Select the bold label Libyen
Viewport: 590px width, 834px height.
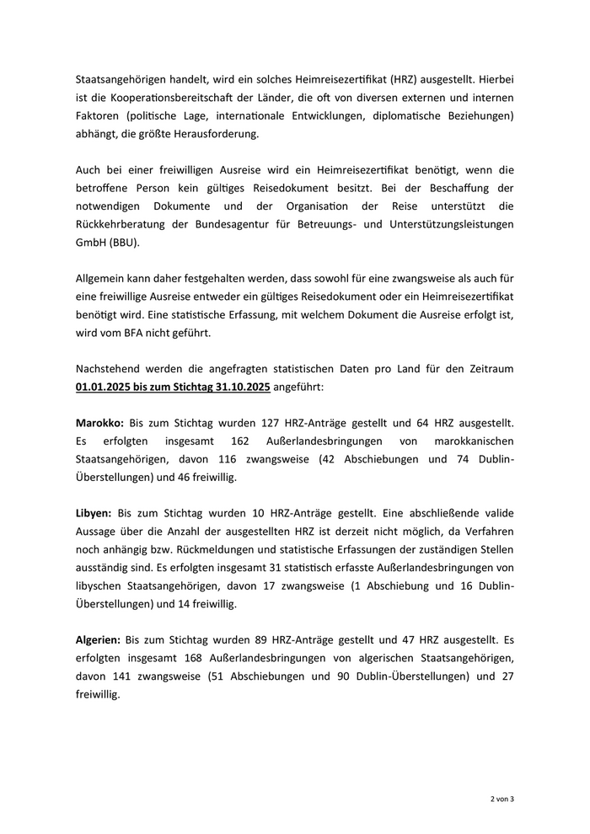[94, 512]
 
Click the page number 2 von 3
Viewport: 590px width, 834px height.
[502, 798]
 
